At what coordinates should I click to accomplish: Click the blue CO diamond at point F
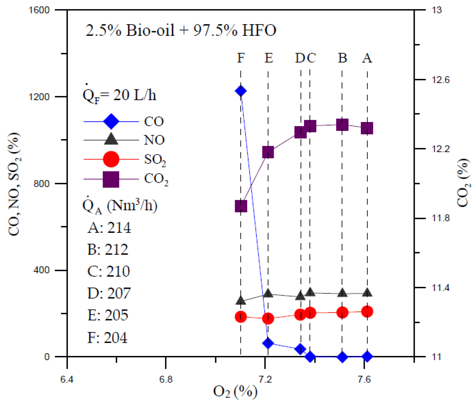(x=241, y=91)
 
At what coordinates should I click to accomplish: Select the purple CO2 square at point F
(x=241, y=206)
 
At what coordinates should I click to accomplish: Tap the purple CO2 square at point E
(x=268, y=152)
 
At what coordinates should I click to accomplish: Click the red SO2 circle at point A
(x=367, y=311)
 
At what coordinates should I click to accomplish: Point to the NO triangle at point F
(x=241, y=300)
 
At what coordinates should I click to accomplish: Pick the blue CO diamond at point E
(x=268, y=343)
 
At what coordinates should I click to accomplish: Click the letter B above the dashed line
(x=342, y=58)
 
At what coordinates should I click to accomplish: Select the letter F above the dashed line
(x=241, y=58)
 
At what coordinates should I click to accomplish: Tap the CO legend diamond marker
(x=111, y=121)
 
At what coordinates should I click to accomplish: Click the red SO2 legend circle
(x=111, y=159)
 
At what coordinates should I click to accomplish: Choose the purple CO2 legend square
(x=111, y=179)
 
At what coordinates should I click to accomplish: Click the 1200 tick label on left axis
(x=39, y=97)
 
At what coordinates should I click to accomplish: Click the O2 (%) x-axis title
(x=235, y=392)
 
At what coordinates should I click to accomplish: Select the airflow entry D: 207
(x=109, y=293)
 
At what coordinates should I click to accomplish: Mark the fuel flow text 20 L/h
(x=135, y=95)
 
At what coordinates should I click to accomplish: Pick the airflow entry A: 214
(x=109, y=228)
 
